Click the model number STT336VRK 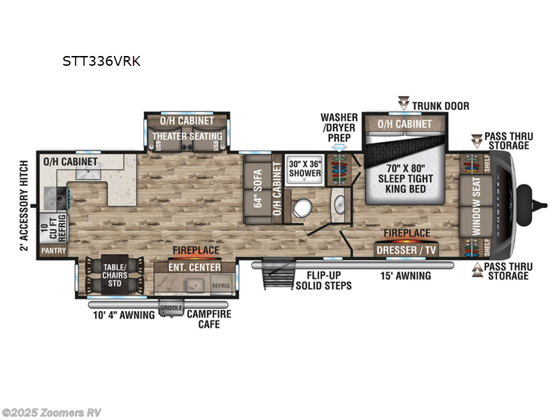click(x=101, y=61)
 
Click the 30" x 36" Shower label click(x=305, y=169)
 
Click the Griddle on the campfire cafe click(x=170, y=308)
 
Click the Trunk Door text click(x=440, y=106)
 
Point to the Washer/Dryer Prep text click(x=339, y=127)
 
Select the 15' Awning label click(x=406, y=276)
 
